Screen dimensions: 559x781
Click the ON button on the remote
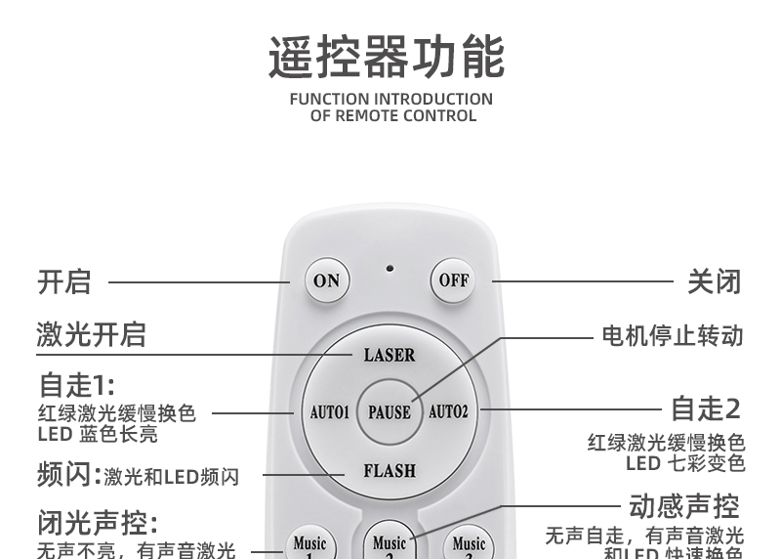(x=326, y=280)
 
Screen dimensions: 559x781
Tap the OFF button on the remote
(x=454, y=280)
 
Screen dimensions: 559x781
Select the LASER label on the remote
(x=390, y=355)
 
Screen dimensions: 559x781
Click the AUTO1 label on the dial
(x=329, y=412)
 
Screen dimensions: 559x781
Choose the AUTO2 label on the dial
(x=449, y=411)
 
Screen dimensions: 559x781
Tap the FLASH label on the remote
(x=390, y=470)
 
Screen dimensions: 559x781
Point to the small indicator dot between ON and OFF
(x=390, y=268)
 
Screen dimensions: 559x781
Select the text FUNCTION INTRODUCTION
(x=391, y=99)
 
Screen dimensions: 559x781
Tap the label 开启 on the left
(x=64, y=281)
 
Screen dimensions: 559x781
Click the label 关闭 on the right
(x=714, y=281)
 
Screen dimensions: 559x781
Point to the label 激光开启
(x=92, y=334)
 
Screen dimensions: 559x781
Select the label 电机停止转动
(x=672, y=336)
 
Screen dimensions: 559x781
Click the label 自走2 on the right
(x=706, y=408)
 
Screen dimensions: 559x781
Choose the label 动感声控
(x=683, y=506)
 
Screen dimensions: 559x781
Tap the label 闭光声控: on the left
(x=98, y=522)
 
